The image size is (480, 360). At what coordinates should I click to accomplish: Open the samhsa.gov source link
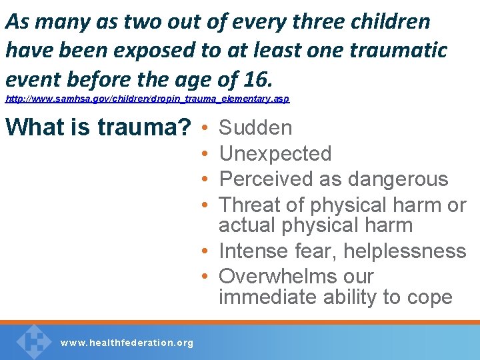click(x=147, y=99)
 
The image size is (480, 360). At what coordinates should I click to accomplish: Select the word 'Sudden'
click(x=255, y=127)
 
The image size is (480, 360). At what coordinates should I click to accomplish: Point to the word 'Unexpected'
click(x=275, y=153)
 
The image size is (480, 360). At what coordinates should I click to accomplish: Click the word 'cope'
click(x=427, y=297)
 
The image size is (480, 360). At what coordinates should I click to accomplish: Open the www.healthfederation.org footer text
click(x=127, y=343)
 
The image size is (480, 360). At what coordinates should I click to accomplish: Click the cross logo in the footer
click(x=34, y=341)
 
